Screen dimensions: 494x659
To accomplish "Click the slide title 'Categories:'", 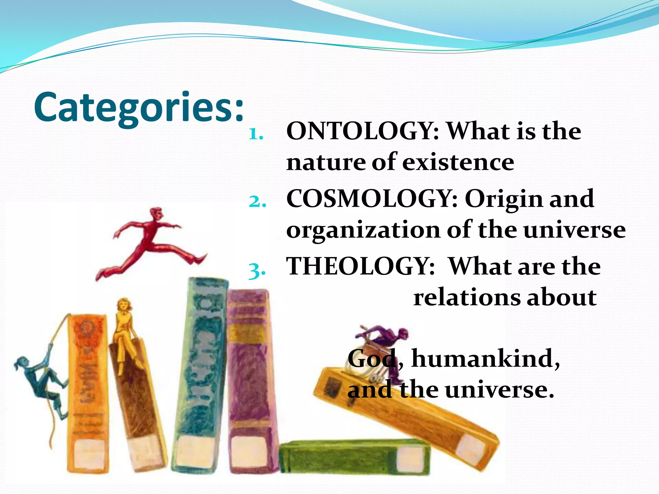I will tap(138, 107).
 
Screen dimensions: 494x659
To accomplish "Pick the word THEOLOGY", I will tap(360, 266).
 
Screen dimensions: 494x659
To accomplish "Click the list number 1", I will tap(256, 134).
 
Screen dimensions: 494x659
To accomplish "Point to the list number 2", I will tap(257, 202).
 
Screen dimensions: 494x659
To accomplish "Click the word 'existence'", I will tap(458, 162).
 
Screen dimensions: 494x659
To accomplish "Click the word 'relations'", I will tap(466, 297).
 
